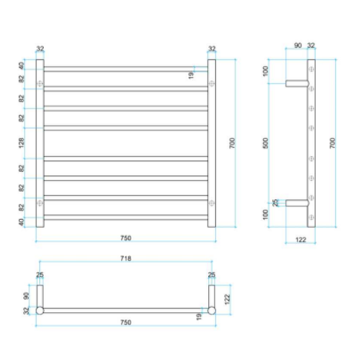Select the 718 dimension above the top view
click(126, 259)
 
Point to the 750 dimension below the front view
click(126, 238)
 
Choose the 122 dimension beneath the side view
click(299, 238)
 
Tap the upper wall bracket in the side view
click(298, 82)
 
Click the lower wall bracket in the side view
click(298, 203)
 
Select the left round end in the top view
click(40, 310)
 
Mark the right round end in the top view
click(212, 310)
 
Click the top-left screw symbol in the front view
click(40, 82)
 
